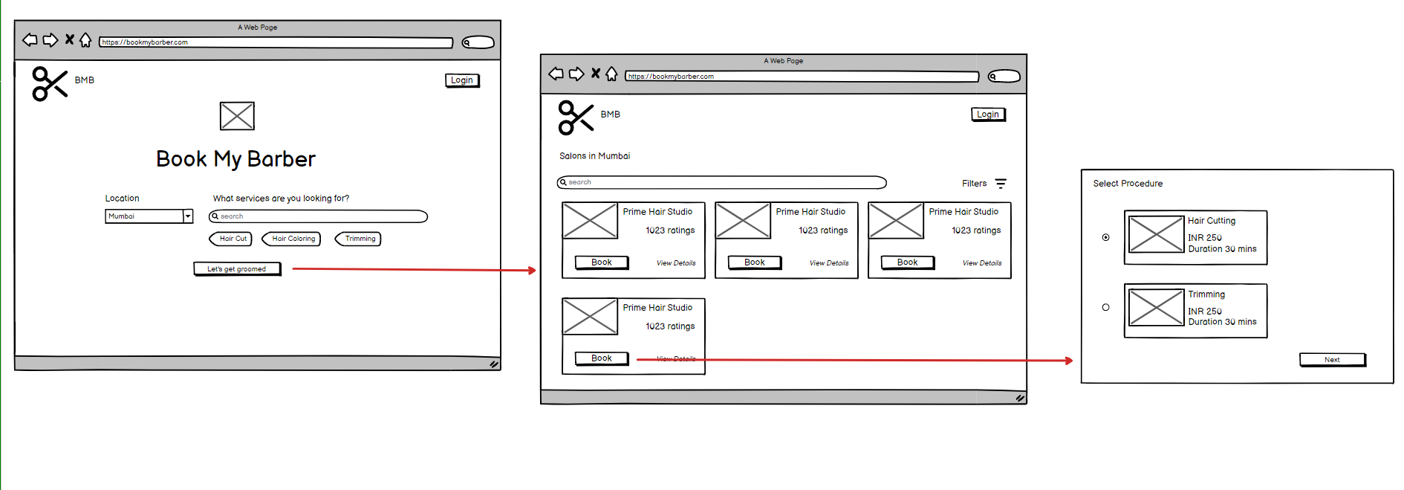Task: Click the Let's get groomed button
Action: pyautogui.click(x=237, y=269)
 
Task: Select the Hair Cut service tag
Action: pyautogui.click(x=231, y=239)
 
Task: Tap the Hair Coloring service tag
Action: pyautogui.click(x=292, y=239)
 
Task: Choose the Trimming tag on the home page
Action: pyautogui.click(x=359, y=239)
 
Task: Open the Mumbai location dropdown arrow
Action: pyautogui.click(x=188, y=216)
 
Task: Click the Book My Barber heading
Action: pyautogui.click(x=235, y=159)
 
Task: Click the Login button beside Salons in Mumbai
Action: pyautogui.click(x=989, y=115)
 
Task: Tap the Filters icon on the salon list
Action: pyautogui.click(x=1001, y=184)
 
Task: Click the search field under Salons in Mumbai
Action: pyautogui.click(x=721, y=183)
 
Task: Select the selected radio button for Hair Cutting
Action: pyautogui.click(x=1106, y=238)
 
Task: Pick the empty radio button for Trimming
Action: pyautogui.click(x=1106, y=307)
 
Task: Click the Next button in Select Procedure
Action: pyautogui.click(x=1333, y=360)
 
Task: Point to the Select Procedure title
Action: pyautogui.click(x=1128, y=184)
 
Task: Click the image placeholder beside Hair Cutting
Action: pyautogui.click(x=1156, y=234)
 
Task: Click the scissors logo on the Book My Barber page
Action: pyautogui.click(x=50, y=83)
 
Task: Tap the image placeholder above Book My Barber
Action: pyautogui.click(x=237, y=116)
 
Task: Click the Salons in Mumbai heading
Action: pyautogui.click(x=594, y=156)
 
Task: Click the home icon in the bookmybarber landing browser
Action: pyautogui.click(x=85, y=39)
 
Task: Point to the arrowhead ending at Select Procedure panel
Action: pyautogui.click(x=1070, y=361)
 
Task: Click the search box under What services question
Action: pyautogui.click(x=318, y=216)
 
